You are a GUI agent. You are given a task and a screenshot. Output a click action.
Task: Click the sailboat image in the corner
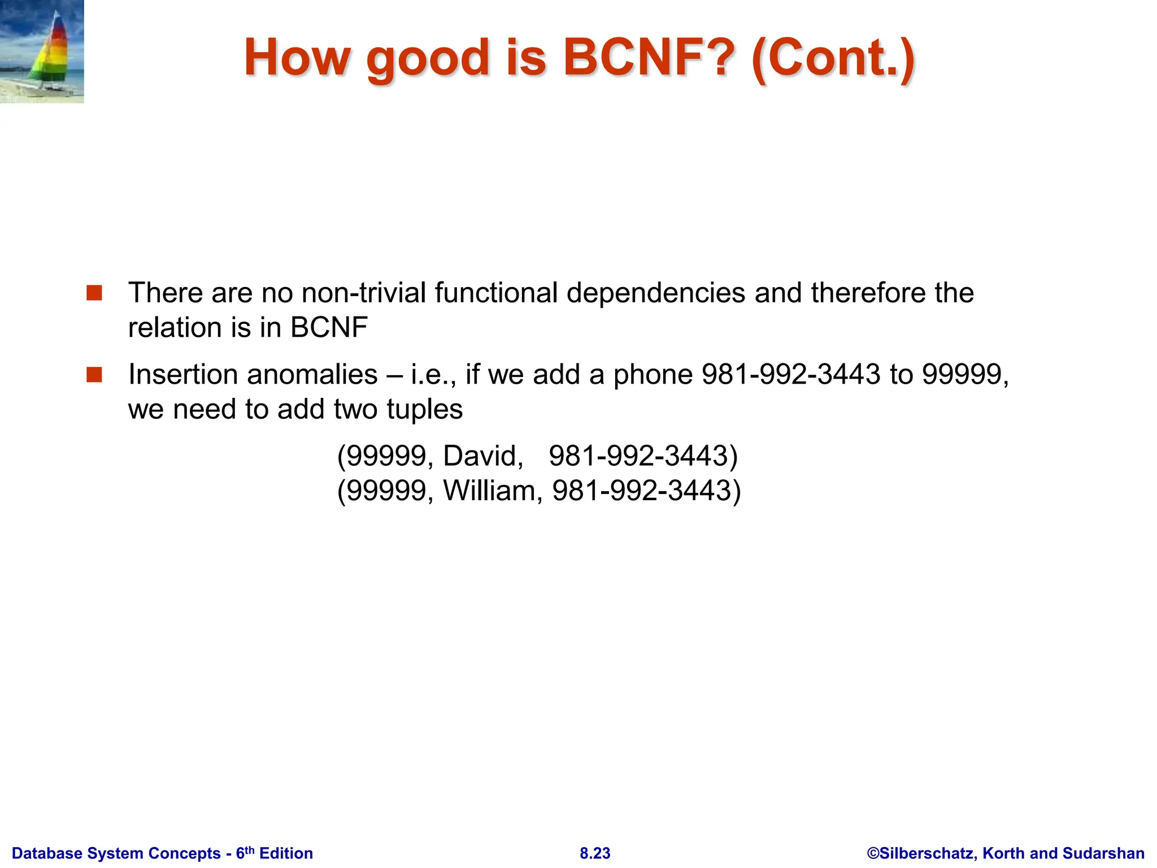click(x=42, y=51)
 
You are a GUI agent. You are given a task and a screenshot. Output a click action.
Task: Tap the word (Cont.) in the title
click(x=834, y=58)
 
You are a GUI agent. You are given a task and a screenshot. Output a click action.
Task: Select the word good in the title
click(x=428, y=58)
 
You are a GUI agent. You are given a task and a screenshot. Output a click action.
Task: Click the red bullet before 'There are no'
click(x=94, y=293)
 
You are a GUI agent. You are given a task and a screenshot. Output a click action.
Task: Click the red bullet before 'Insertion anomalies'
click(x=94, y=375)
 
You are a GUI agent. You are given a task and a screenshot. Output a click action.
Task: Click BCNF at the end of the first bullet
click(x=329, y=327)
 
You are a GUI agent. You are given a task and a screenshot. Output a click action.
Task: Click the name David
click(x=483, y=455)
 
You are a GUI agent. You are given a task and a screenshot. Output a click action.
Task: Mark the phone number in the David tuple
click(x=643, y=455)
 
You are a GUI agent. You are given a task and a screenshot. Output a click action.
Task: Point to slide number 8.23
click(x=595, y=853)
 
